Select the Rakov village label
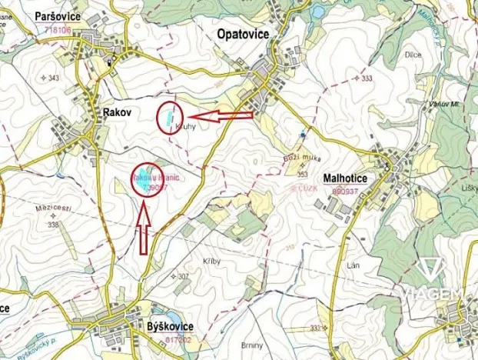[117, 112]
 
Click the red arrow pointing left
[221, 116]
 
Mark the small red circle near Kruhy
[167, 118]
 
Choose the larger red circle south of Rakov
[148, 179]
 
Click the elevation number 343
[54, 79]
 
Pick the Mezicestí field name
[51, 208]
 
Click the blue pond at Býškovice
[171, 315]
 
